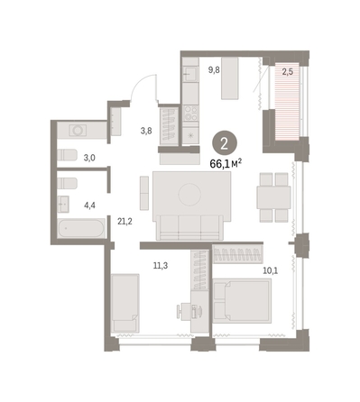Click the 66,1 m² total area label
click(226, 164)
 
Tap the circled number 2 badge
click(225, 144)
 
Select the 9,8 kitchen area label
click(214, 70)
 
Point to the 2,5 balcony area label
click(288, 72)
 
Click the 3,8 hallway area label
click(146, 131)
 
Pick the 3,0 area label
click(89, 158)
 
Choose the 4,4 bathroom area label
click(90, 206)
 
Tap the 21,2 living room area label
click(125, 222)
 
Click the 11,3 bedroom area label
click(161, 266)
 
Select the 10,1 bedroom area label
click(271, 271)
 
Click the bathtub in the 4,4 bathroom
click(81, 229)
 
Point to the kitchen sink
click(190, 73)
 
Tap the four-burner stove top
click(190, 113)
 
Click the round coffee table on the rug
click(189, 195)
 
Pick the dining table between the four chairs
click(273, 197)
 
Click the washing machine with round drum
click(78, 131)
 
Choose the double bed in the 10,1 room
click(242, 301)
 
